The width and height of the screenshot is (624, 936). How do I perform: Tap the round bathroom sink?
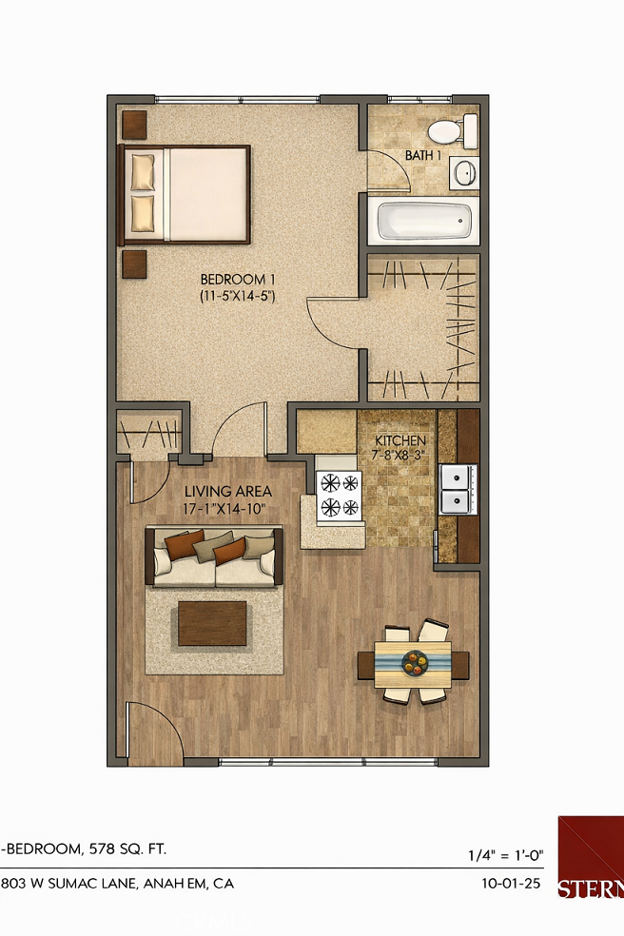464,173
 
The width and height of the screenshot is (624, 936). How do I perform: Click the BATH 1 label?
423,155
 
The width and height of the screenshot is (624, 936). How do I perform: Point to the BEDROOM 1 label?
237,279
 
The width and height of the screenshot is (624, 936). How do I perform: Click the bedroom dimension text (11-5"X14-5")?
237,296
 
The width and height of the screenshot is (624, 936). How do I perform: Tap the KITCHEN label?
400,441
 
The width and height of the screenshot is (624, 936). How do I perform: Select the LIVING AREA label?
228,492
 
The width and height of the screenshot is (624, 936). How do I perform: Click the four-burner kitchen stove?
341,497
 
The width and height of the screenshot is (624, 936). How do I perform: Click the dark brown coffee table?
212,622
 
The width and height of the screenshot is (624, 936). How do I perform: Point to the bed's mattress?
207,193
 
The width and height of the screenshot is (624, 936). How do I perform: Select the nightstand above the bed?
134,123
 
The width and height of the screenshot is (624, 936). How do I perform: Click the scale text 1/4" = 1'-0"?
506,854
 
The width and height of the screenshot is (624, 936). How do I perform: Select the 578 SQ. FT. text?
132,848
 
